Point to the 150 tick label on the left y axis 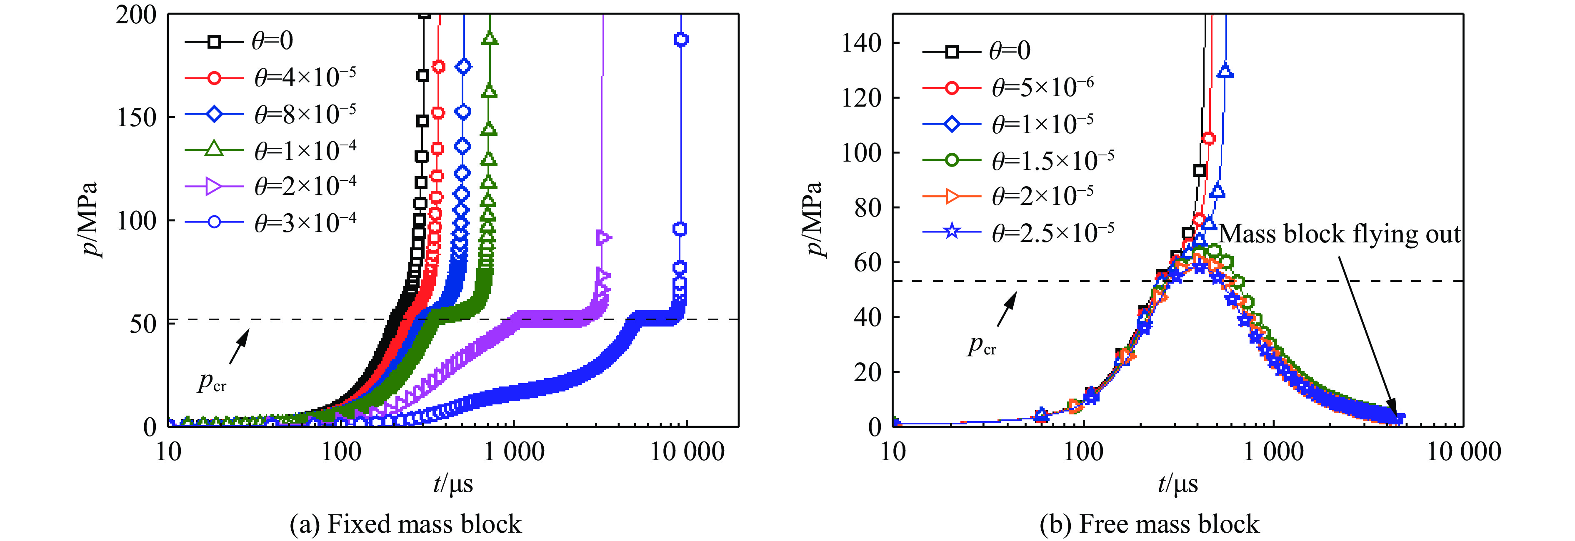[x=136, y=117]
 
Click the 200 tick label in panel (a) [x=136, y=15]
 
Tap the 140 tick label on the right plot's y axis [x=861, y=43]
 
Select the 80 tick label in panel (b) [x=867, y=208]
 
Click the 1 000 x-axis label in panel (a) [x=514, y=452]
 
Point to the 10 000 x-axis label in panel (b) [x=1464, y=452]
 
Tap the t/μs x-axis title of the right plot [x=1177, y=484]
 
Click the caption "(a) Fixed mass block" [x=405, y=524]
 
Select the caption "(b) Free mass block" [x=1150, y=524]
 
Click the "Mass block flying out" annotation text [x=1340, y=234]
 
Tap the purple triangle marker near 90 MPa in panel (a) [x=603, y=237]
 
